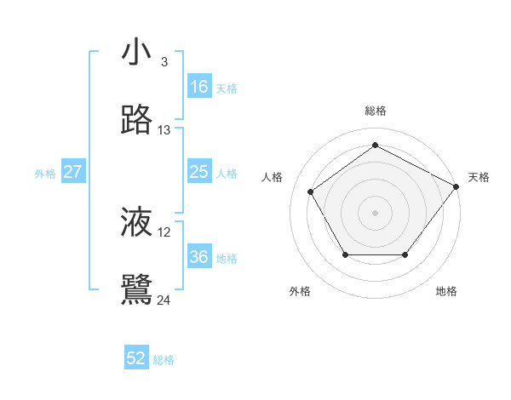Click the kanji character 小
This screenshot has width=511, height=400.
(137, 52)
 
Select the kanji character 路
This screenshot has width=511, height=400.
(137, 121)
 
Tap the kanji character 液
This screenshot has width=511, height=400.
(137, 222)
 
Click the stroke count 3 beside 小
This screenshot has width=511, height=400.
(164, 62)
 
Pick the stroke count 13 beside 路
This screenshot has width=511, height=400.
(164, 130)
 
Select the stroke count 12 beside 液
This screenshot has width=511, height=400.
(164, 231)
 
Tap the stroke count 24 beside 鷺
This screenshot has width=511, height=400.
(164, 300)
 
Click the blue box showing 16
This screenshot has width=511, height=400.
(198, 87)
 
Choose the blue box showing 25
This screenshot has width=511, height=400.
(198, 172)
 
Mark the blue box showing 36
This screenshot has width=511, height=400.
(198, 257)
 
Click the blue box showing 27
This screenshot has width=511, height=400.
(72, 172)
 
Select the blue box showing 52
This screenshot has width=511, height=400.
(136, 358)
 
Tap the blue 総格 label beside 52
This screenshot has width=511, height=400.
(164, 360)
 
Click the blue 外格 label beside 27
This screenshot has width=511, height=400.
(45, 174)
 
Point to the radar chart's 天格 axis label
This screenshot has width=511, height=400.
(479, 177)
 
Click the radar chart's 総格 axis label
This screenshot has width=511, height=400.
(376, 111)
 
